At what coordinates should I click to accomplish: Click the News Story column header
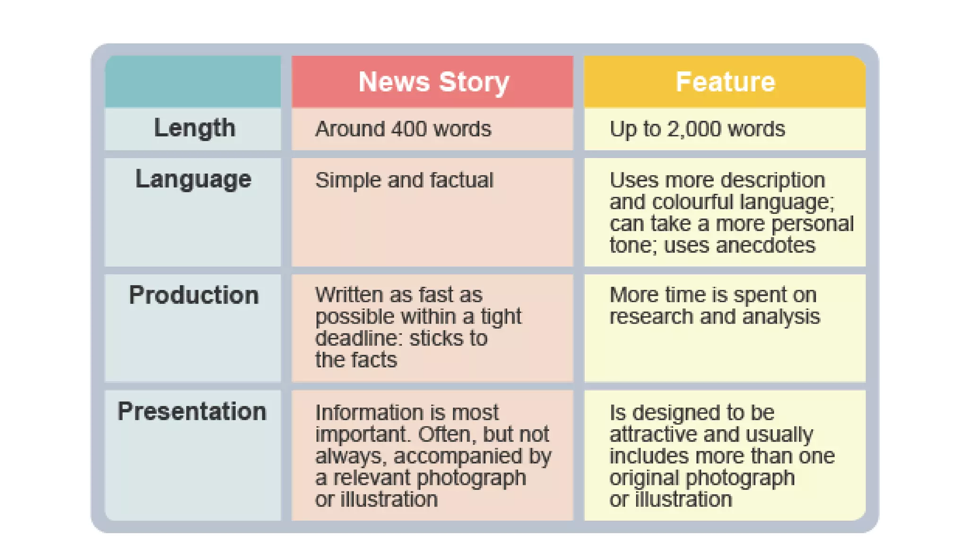pyautogui.click(x=433, y=82)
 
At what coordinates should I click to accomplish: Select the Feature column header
pyautogui.click(x=725, y=82)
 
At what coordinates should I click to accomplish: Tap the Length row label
pyautogui.click(x=194, y=128)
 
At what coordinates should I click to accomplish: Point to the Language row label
pyautogui.click(x=193, y=179)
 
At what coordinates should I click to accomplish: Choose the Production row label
pyautogui.click(x=194, y=296)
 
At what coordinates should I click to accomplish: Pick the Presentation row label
pyautogui.click(x=192, y=411)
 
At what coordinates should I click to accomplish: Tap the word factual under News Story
pyautogui.click(x=461, y=180)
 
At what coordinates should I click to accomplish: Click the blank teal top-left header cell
pyautogui.click(x=193, y=81)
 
